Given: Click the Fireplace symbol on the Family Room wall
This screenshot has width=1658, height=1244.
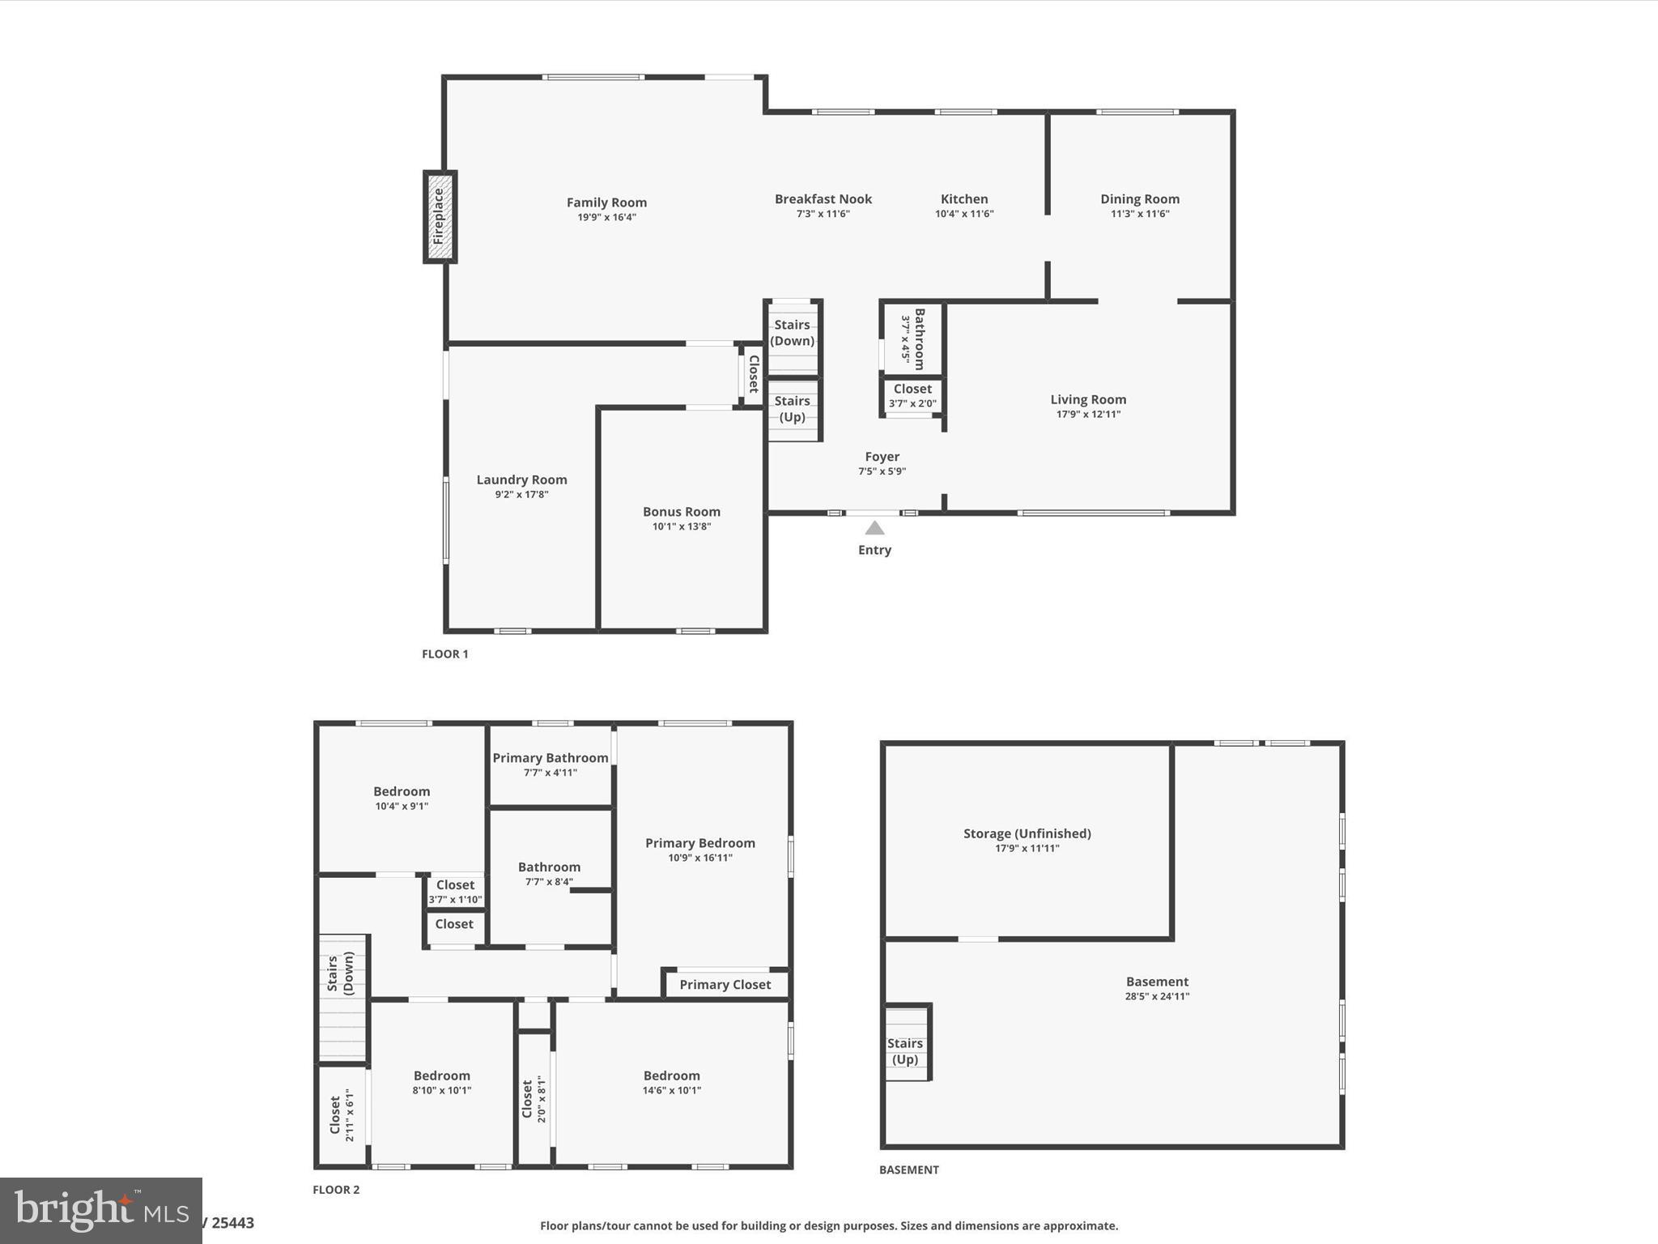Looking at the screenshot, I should (x=440, y=216).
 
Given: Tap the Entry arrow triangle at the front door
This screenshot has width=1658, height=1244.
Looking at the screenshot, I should (x=874, y=529).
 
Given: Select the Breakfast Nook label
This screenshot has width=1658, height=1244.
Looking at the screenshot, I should (x=823, y=199).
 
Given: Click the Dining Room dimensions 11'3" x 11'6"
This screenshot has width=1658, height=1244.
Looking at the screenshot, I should (x=1139, y=214).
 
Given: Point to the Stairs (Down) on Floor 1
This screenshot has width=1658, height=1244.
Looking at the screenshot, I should (x=792, y=333).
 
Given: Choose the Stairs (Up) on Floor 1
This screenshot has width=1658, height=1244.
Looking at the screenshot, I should (x=792, y=409).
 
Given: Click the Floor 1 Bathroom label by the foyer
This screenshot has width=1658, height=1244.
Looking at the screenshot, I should (x=919, y=339).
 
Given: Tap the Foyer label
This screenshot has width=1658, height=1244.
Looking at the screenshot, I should (x=882, y=457).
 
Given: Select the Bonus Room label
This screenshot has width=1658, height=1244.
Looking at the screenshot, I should (x=681, y=512).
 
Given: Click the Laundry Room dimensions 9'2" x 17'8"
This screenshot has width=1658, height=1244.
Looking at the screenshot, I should (x=521, y=494).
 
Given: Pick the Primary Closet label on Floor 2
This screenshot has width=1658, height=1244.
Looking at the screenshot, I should (x=725, y=985).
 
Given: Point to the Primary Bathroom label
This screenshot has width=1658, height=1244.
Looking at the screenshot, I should (x=550, y=758).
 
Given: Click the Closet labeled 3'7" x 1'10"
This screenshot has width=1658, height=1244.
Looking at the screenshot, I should (x=455, y=892).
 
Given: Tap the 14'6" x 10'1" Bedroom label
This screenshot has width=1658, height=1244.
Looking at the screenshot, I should (x=671, y=1082).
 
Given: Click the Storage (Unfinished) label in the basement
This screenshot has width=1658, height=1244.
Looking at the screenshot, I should (x=1027, y=833).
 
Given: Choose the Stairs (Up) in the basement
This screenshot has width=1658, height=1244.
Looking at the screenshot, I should (x=904, y=1051).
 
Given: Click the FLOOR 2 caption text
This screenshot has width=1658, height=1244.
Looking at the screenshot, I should (x=336, y=1190).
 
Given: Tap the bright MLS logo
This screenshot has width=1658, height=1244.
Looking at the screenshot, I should (x=100, y=1210).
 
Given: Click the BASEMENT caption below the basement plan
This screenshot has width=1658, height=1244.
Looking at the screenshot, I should (x=908, y=1169).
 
